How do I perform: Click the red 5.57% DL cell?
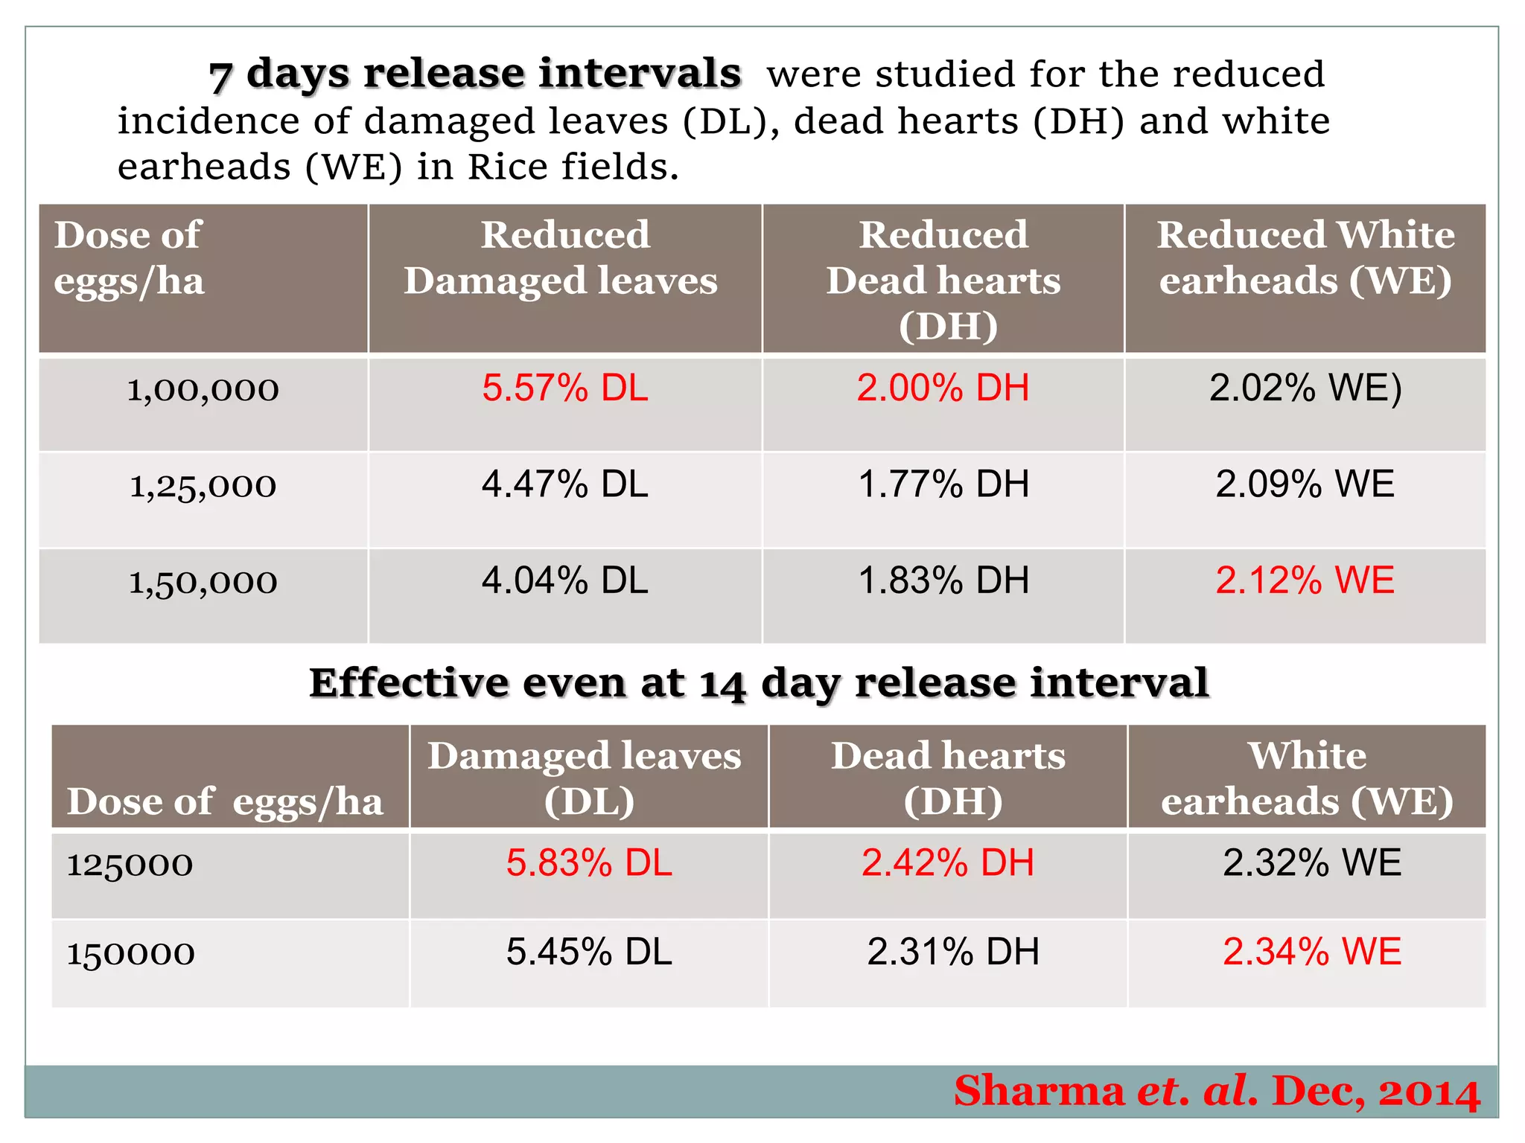click(x=565, y=388)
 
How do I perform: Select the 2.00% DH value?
click(x=943, y=388)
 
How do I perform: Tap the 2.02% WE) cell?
click(x=1305, y=388)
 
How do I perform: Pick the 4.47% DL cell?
click(x=565, y=484)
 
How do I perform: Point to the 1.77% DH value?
click(x=943, y=484)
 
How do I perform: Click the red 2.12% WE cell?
click(x=1305, y=580)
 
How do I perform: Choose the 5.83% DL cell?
click(x=589, y=863)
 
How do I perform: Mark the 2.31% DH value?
click(x=953, y=952)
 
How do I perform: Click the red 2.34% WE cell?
click(x=1312, y=952)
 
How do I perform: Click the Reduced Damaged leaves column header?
click(x=564, y=257)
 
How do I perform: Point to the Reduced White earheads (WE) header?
click(x=1305, y=257)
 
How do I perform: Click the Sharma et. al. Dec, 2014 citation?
click(x=1217, y=1092)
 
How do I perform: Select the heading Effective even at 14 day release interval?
click(x=759, y=682)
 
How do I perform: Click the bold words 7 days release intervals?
click(x=475, y=74)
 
